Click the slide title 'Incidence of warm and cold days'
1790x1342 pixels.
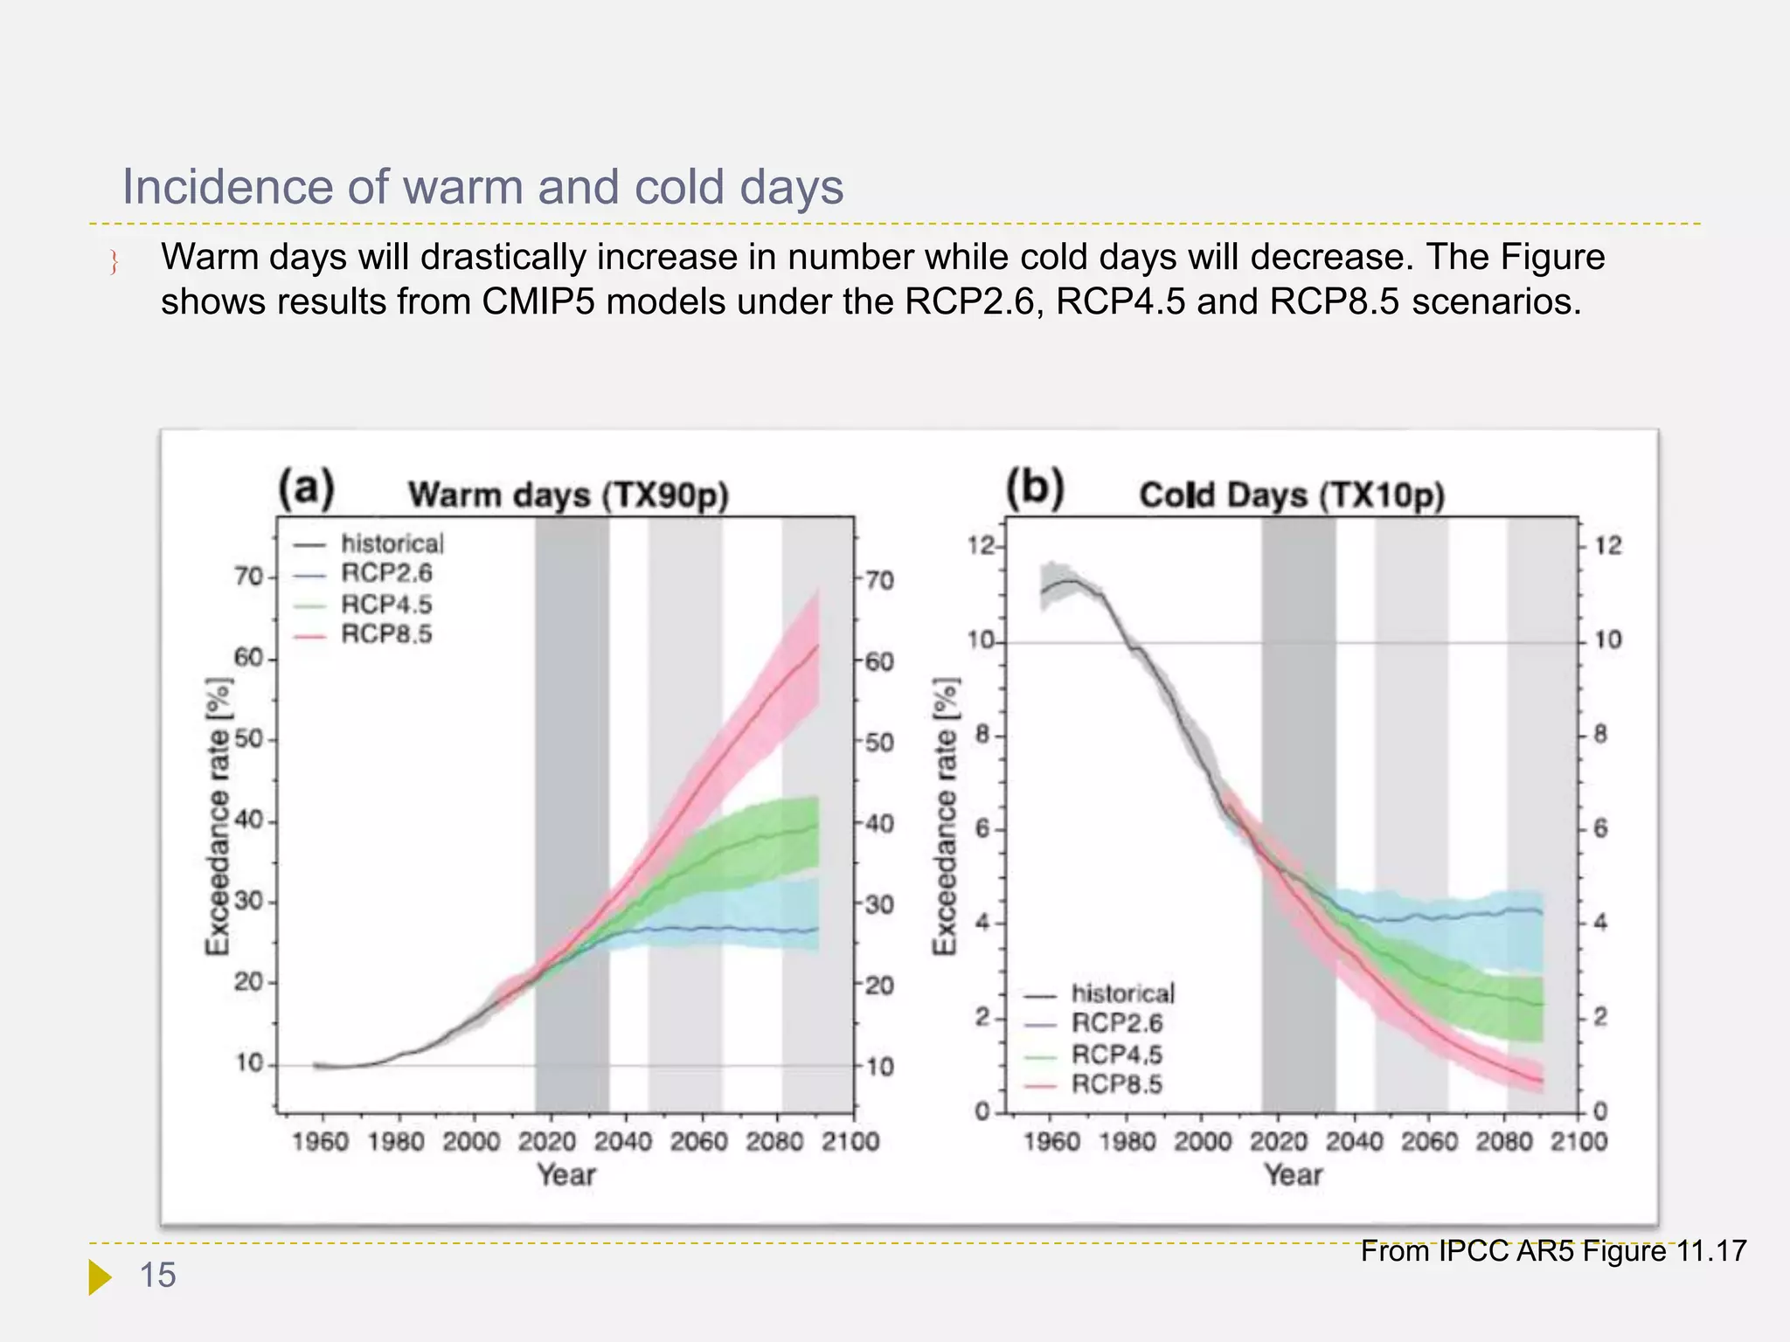tap(482, 187)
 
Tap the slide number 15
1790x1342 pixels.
tap(158, 1276)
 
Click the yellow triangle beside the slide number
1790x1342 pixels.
tap(100, 1276)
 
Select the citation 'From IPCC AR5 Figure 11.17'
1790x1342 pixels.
tap(1552, 1251)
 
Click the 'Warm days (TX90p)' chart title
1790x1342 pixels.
tap(568, 495)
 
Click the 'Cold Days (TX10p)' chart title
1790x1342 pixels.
tap(1291, 495)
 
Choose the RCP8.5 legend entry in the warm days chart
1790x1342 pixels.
tap(385, 634)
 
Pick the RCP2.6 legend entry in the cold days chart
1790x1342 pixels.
tap(1116, 1023)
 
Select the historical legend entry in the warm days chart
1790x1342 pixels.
tap(392, 543)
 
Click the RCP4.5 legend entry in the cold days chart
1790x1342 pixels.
tap(1116, 1054)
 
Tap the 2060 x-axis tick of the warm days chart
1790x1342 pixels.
tap(698, 1142)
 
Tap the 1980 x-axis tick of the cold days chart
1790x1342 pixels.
tap(1127, 1142)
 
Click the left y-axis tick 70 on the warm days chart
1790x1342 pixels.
tap(249, 577)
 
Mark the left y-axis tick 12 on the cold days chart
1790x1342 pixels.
tap(981, 546)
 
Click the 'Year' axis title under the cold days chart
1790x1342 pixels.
tap(1293, 1175)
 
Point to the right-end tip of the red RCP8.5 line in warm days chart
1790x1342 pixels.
tap(818, 646)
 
